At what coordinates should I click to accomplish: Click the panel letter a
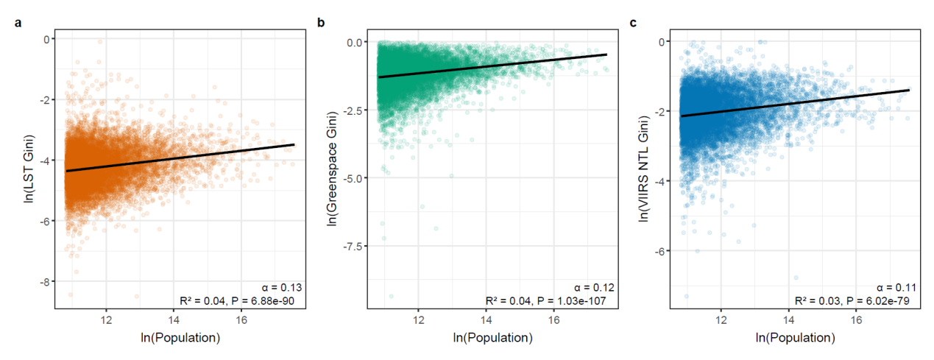point(18,23)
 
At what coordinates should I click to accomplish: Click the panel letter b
point(321,22)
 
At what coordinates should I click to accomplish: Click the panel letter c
point(633,23)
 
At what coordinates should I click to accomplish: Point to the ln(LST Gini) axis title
point(29,169)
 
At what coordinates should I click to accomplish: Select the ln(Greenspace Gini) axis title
point(332,169)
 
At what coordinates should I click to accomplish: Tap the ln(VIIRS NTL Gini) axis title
point(644,169)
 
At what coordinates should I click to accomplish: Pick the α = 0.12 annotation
point(594,287)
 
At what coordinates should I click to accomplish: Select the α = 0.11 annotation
point(896,287)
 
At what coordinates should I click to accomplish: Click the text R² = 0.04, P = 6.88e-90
point(237,301)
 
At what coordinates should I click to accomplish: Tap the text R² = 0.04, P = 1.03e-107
point(546,301)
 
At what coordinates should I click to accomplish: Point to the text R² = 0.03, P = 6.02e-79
point(852,301)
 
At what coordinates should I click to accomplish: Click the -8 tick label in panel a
point(45,282)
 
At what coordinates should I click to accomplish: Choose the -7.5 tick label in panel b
point(353,247)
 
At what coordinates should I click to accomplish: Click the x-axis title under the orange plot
point(180,337)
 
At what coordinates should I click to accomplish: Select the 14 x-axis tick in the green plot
point(486,320)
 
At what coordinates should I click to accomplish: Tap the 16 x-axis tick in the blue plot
point(856,320)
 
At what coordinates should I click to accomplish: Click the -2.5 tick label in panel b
point(353,110)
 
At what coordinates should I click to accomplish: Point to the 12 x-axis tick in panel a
point(106,320)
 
